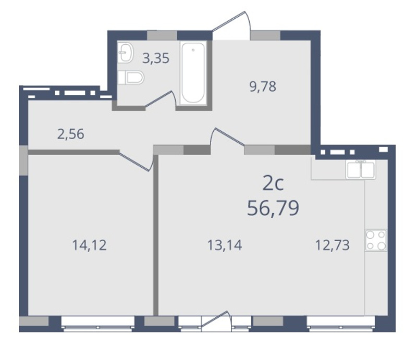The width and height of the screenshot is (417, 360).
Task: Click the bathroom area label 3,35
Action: (x=155, y=58)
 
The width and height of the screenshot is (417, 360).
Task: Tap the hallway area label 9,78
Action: (x=263, y=86)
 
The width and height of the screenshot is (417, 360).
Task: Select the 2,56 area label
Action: (x=71, y=134)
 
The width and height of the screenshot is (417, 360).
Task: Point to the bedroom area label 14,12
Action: (x=89, y=245)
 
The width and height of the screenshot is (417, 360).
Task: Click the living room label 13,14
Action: (x=225, y=245)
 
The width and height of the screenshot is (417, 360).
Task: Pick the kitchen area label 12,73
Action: (x=333, y=245)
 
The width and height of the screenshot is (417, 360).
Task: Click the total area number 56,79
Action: (x=273, y=208)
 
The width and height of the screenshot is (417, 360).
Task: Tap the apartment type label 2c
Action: (x=273, y=184)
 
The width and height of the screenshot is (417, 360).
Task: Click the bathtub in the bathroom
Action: (x=193, y=73)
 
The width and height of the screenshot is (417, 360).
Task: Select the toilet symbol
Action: (x=131, y=78)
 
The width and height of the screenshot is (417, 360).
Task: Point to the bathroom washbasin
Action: (x=125, y=53)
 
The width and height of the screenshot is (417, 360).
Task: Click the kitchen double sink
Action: (x=361, y=170)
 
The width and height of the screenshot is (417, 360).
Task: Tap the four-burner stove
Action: (x=376, y=240)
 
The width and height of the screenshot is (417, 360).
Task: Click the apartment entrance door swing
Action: (x=231, y=25)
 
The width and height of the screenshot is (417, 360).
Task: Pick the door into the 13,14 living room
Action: (x=228, y=137)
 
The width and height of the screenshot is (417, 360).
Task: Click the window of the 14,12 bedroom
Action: (x=97, y=324)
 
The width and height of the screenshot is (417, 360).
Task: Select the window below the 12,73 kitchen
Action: (x=341, y=324)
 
